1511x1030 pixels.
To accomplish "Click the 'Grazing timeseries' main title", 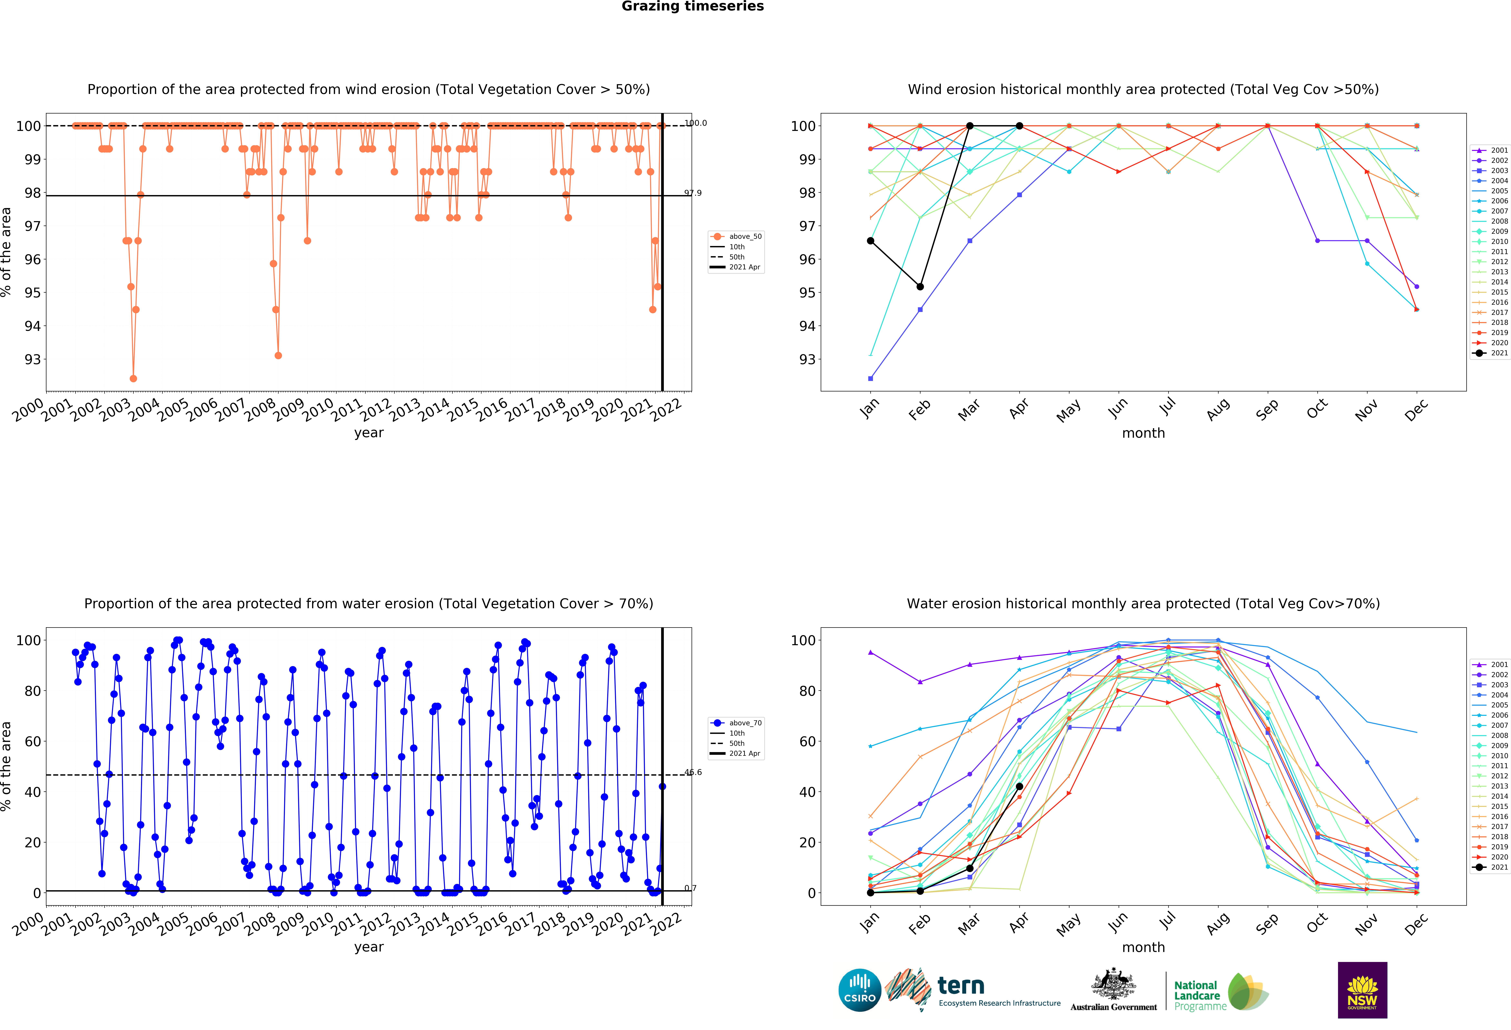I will pyautogui.click(x=692, y=6).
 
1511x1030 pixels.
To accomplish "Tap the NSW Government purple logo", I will pyautogui.click(x=1362, y=990).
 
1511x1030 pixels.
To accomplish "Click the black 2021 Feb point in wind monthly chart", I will pyautogui.click(x=920, y=287).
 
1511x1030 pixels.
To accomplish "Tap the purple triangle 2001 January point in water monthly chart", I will pyautogui.click(x=871, y=652).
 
